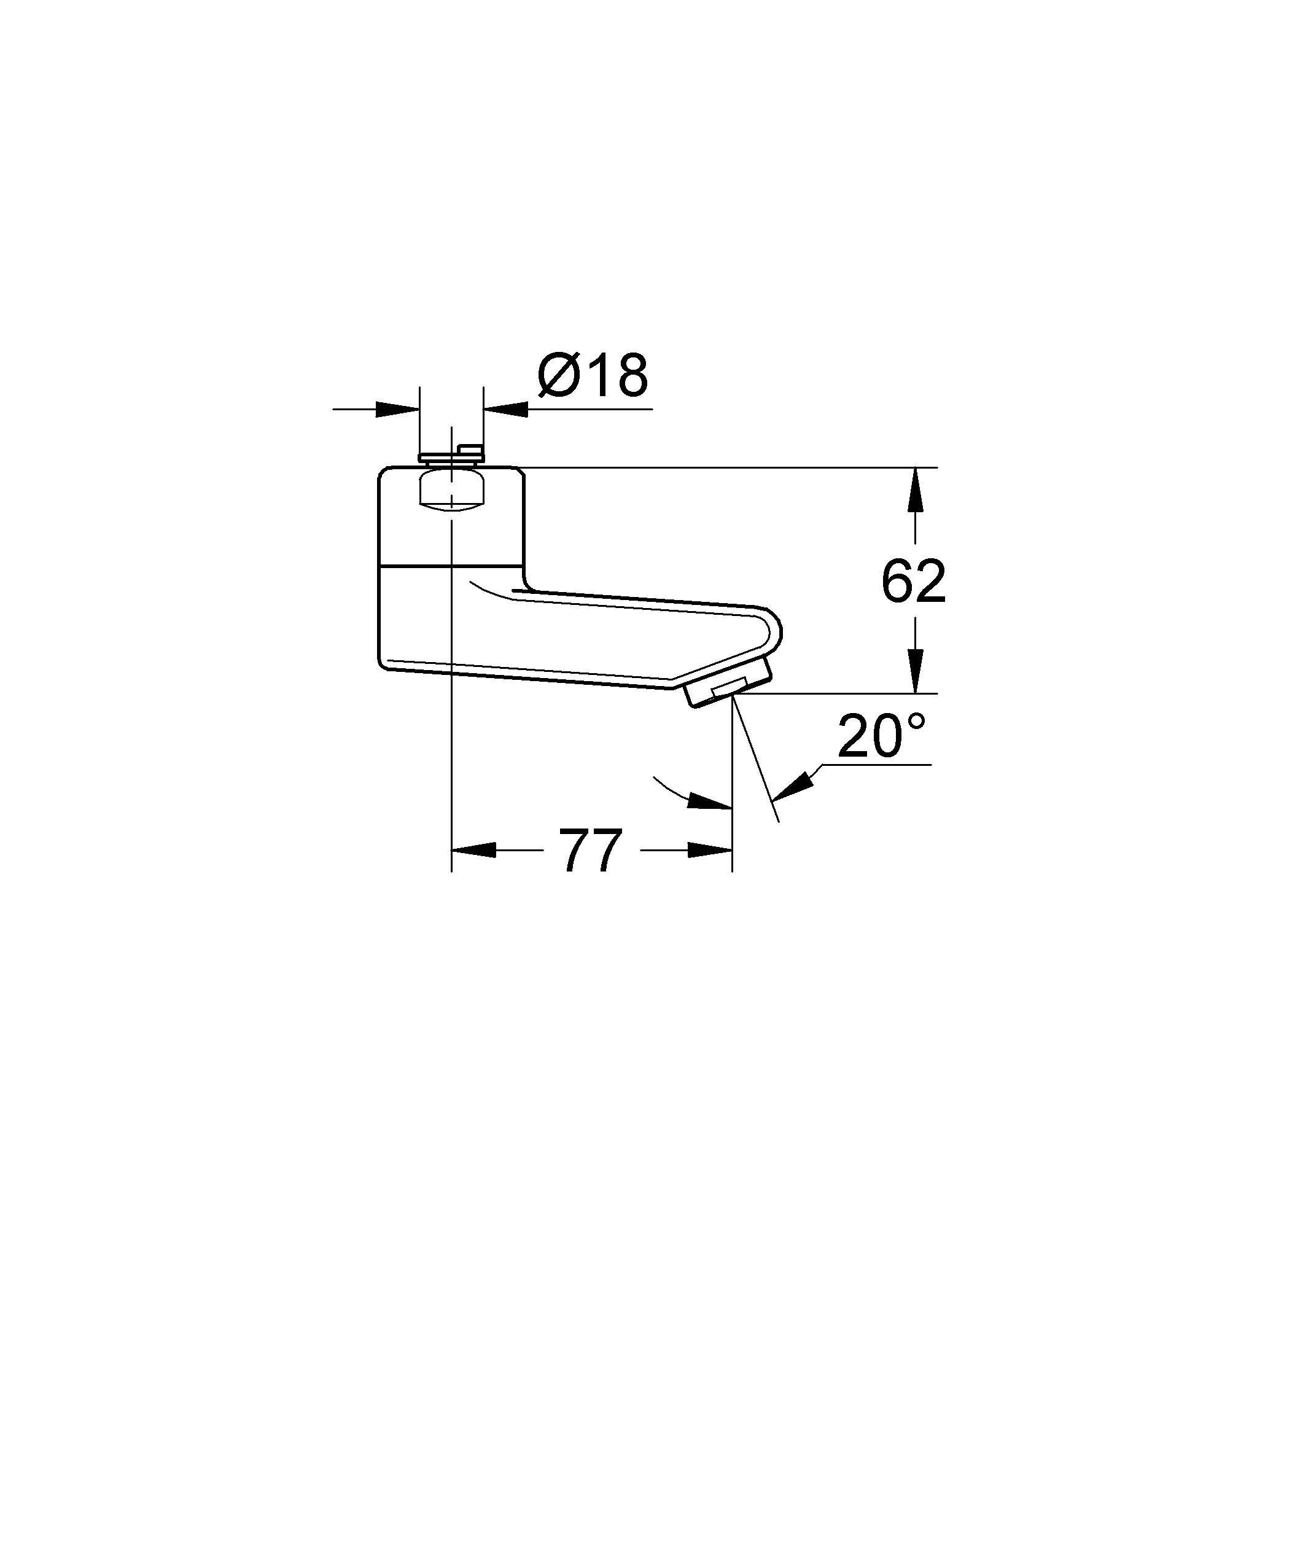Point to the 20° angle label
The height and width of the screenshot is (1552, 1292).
coord(881,736)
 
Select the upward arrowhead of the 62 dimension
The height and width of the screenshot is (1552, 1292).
coord(915,489)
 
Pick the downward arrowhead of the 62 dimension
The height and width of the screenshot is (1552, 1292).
coord(915,671)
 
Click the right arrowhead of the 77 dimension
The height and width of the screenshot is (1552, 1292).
coord(710,851)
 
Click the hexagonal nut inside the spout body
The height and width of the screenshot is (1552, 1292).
coord(451,491)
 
